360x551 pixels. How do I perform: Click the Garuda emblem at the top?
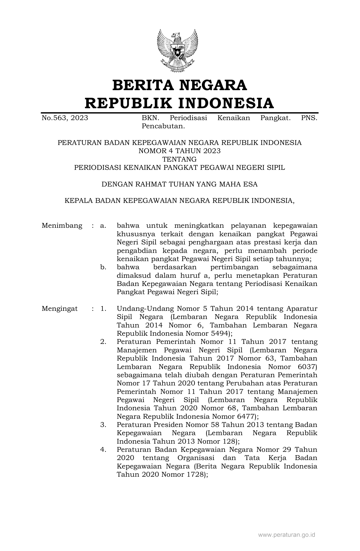tap(177, 50)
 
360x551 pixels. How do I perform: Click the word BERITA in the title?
tap(142, 85)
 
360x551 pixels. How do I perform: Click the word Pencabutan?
tap(163, 126)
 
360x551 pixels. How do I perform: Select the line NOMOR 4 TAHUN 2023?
tap(180, 151)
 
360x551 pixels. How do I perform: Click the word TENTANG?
tap(180, 159)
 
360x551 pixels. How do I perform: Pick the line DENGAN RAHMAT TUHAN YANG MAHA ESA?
tap(180, 184)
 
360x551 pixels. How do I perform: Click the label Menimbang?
tap(62, 226)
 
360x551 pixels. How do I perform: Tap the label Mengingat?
tap(60, 309)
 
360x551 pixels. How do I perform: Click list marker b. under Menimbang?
tap(103, 267)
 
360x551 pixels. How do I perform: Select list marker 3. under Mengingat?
tap(103, 425)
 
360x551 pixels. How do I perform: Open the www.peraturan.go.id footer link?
tap(287, 535)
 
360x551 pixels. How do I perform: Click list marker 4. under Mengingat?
tap(103, 450)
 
